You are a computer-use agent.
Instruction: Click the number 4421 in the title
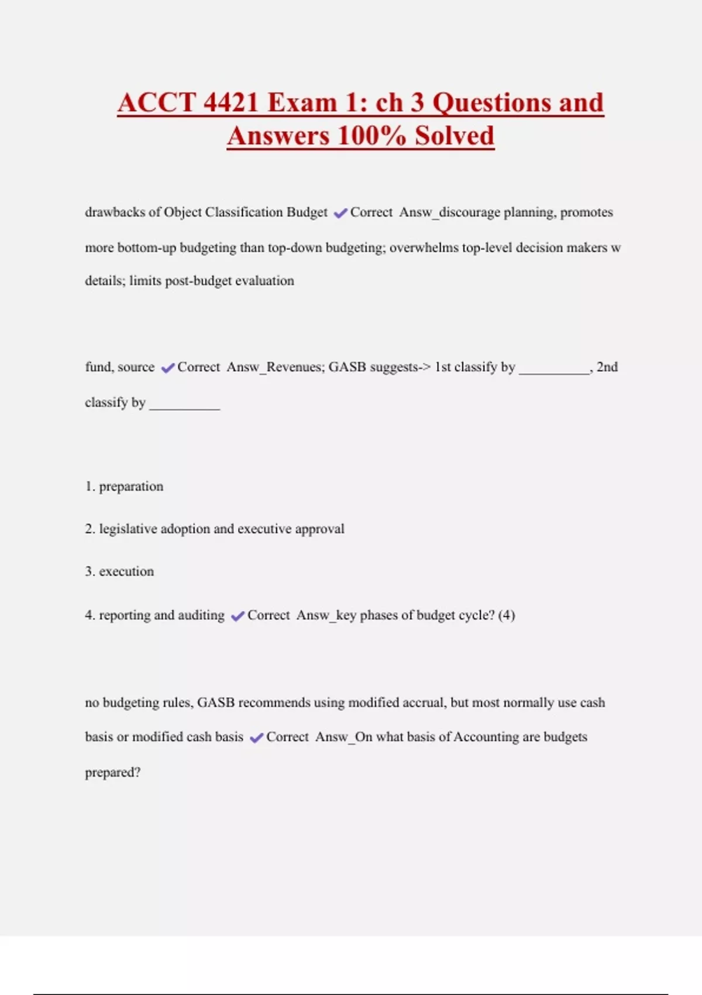[231, 103]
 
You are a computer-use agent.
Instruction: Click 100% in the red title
[371, 136]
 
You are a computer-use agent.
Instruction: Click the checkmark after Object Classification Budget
[340, 213]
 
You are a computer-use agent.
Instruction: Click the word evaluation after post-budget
[264, 281]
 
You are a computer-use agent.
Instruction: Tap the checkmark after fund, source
[167, 368]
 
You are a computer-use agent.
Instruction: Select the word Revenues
[294, 367]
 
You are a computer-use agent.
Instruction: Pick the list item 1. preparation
[124, 486]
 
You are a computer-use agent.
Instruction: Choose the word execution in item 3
[126, 572]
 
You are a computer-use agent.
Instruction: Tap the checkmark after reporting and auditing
[238, 616]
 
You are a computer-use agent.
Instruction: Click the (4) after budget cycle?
[507, 615]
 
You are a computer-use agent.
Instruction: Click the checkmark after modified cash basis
[256, 737]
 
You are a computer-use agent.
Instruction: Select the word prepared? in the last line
[113, 773]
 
